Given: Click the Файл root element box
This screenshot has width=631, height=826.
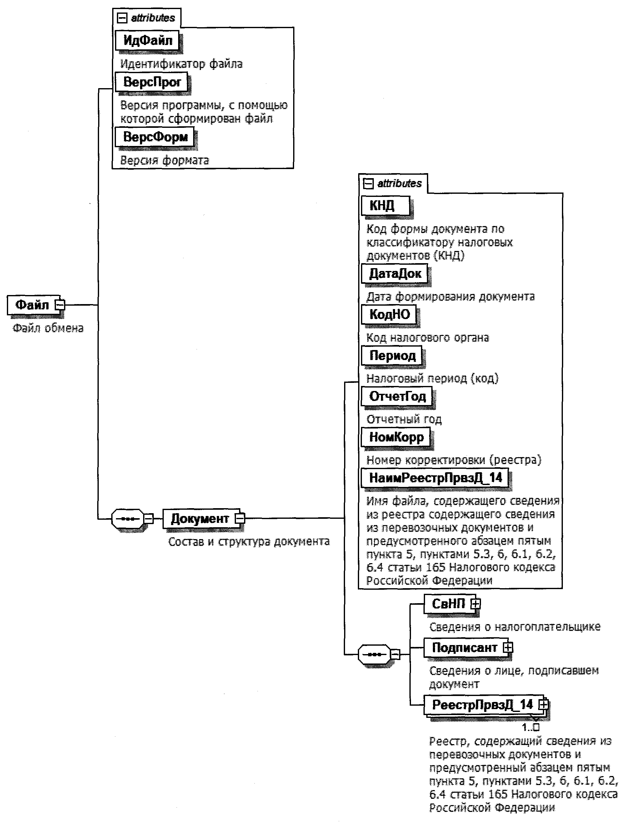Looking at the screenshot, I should click(32, 305).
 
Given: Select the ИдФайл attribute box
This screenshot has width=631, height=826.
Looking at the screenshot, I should click(148, 40).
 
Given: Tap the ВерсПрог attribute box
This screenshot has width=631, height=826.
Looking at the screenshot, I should click(151, 82).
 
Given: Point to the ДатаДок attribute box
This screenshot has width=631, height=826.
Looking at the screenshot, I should click(395, 273).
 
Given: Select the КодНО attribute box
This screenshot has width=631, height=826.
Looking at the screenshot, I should click(389, 314).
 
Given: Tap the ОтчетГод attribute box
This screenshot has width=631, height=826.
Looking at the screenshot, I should click(397, 396).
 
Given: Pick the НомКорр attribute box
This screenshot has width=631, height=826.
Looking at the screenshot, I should click(396, 437).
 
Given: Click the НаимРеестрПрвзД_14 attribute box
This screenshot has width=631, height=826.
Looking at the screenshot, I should click(435, 478).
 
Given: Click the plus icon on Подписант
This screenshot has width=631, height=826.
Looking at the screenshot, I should click(508, 647).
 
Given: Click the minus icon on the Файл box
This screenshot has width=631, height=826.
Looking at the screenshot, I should click(60, 305).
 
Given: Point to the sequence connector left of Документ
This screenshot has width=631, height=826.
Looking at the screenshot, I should click(128, 519).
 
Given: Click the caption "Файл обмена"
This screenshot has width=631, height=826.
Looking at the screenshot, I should click(48, 328).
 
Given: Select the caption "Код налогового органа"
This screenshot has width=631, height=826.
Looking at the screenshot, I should click(428, 338).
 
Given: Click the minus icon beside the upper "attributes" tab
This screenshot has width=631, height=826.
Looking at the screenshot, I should click(123, 18).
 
